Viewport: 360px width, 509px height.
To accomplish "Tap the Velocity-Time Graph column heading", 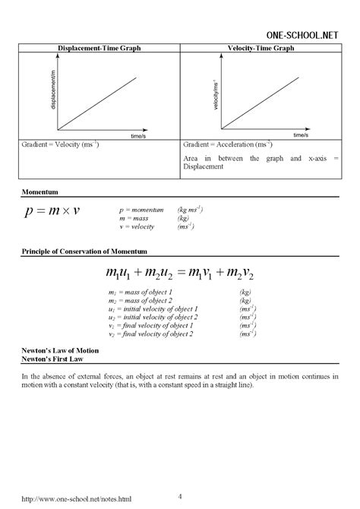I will (261, 48).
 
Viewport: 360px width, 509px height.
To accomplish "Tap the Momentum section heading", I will (40, 192).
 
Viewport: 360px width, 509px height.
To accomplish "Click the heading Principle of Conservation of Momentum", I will (84, 250).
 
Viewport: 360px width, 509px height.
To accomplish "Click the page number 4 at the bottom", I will (180, 475).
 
